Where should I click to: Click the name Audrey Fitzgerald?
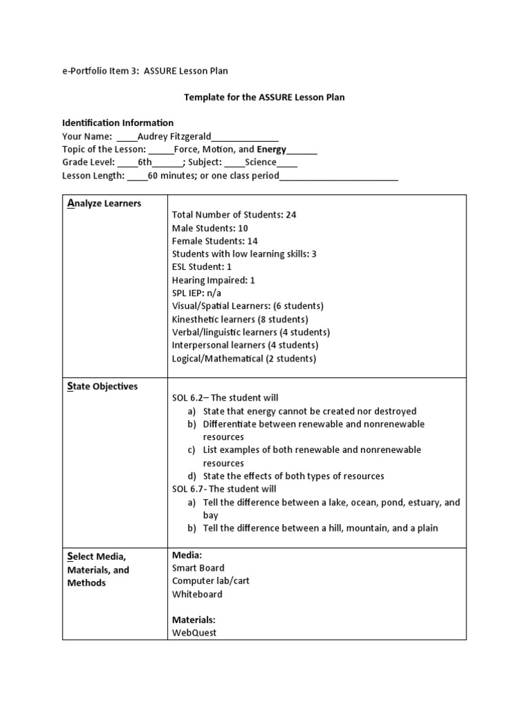174,136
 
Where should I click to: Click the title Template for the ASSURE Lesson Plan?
264,97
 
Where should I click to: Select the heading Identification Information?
118,123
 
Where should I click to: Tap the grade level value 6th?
145,162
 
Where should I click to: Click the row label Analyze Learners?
104,203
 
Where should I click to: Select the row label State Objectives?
103,386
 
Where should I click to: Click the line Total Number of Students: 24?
234,215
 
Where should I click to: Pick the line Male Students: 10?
210,228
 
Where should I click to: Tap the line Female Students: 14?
214,241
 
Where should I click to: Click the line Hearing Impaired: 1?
214,280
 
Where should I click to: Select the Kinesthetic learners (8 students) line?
240,319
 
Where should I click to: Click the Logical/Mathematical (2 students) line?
244,359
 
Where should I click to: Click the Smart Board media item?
198,568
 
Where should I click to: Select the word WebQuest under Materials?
194,632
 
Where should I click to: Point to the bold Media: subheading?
187,555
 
